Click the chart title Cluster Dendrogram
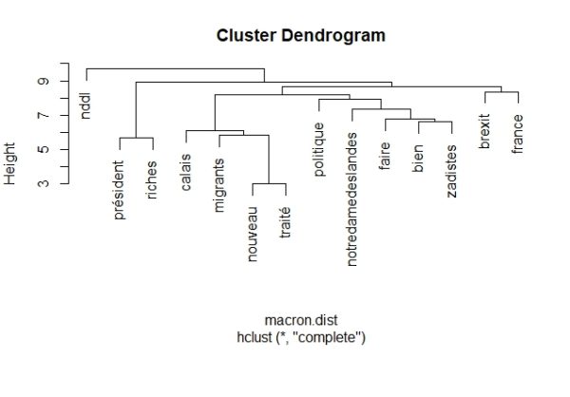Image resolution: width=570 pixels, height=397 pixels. tap(300, 36)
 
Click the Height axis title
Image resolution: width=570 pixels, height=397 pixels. tap(9, 163)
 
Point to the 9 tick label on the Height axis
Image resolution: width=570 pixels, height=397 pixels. tap(44, 81)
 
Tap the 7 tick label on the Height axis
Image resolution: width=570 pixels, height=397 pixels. tap(44, 116)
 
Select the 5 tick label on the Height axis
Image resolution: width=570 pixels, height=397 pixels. tap(44, 149)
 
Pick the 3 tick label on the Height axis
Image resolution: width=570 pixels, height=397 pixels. tap(44, 183)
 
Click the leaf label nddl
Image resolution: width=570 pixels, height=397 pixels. tap(85, 105)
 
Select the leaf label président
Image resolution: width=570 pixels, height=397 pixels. tap(120, 190)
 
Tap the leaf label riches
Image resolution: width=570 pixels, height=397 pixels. tap(152, 180)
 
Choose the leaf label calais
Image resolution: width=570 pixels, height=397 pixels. tap(186, 172)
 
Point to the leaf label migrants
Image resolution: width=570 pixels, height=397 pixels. tap(219, 185)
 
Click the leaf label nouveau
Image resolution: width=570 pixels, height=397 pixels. tap(253, 235)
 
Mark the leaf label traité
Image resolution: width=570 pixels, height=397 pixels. tap(285, 222)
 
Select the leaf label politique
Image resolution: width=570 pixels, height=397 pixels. tap(319, 149)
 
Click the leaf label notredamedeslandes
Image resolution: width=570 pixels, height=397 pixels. tap(351, 199)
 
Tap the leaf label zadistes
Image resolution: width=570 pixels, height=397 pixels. tap(451, 171)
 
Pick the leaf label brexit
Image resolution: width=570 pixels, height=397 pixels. tap(484, 131)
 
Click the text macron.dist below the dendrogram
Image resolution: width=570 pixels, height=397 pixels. tap(301, 320)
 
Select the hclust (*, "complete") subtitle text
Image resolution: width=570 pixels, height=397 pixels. tap(301, 337)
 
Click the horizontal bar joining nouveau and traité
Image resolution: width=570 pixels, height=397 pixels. tap(270, 183)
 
